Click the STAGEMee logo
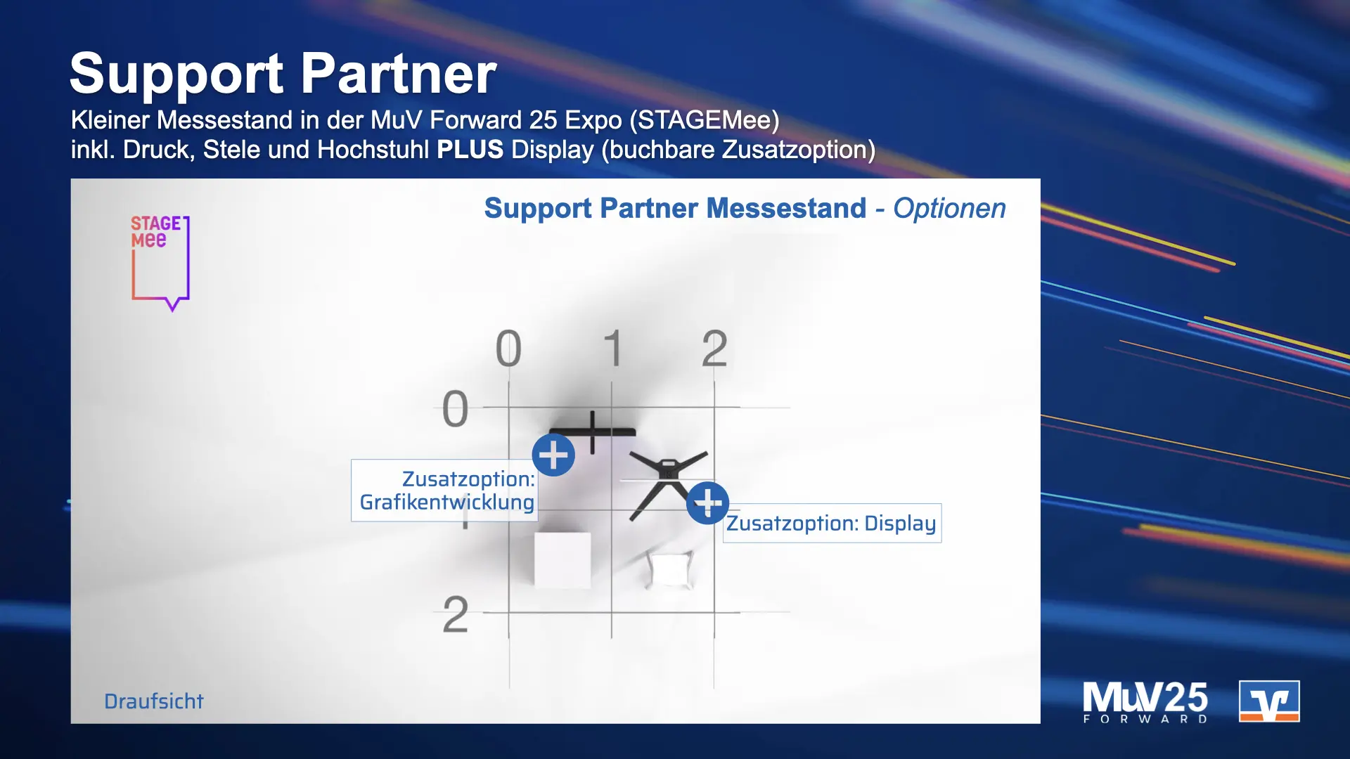160,262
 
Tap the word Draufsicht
153,701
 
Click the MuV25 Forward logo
1145,701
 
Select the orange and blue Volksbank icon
1268,701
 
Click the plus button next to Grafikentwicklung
553,455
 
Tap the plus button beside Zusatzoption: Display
707,503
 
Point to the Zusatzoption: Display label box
832,524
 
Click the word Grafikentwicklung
446,502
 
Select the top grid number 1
612,349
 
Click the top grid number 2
714,349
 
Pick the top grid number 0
508,349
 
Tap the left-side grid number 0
455,409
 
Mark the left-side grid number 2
455,615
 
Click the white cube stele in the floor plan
562,559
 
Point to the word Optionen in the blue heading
949,209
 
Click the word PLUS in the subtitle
470,150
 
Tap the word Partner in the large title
399,74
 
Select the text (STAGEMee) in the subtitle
704,120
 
